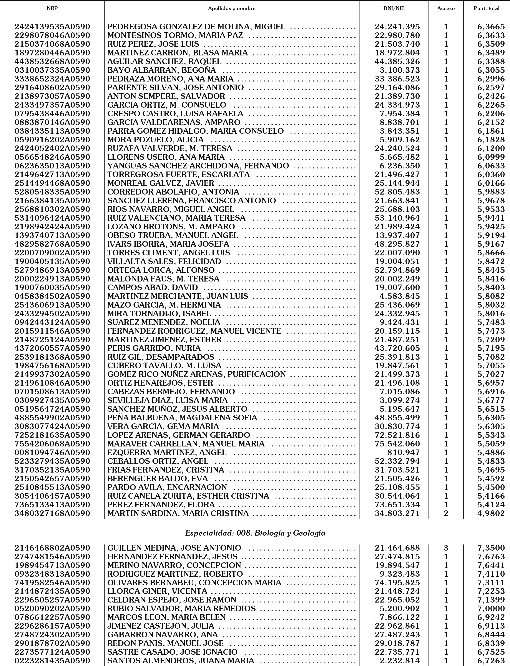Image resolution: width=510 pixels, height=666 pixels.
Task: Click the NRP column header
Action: pos(52,8)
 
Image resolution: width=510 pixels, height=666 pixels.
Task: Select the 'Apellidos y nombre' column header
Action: pos(232,8)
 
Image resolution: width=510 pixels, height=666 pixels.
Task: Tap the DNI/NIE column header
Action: pos(394,8)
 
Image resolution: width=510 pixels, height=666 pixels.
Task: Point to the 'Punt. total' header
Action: pos(486,8)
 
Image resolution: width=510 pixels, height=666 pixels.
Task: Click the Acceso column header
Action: pos(446,8)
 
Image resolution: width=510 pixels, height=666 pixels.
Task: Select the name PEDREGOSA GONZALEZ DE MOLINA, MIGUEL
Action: pos(196,27)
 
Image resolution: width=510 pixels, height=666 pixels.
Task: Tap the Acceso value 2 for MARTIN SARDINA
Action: pos(446,513)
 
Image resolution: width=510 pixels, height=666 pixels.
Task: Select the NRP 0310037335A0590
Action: pos(52,70)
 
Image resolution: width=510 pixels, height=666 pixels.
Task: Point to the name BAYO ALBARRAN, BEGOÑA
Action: pos(161,70)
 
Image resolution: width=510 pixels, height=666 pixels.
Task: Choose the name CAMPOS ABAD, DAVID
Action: pos(152,287)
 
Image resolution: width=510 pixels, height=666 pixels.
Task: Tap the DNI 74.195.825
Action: pos(397,583)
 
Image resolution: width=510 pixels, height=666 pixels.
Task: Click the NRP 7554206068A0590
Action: pos(52,444)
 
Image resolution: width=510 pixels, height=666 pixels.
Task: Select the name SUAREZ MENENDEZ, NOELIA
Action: pos(164,322)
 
